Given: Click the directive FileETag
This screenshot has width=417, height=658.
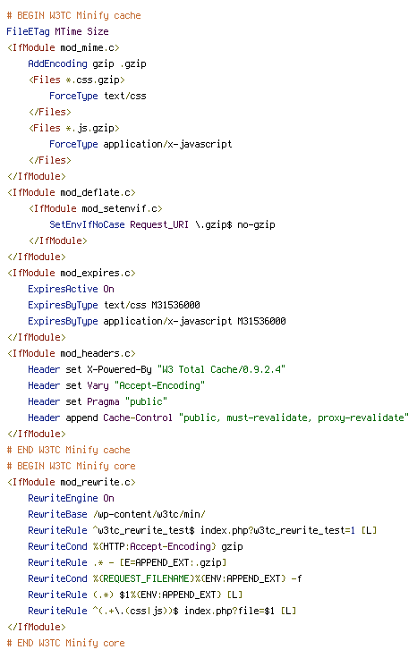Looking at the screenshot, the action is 28,31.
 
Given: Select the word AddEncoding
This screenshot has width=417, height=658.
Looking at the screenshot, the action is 57,63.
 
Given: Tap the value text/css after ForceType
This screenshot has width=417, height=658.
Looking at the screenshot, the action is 125,96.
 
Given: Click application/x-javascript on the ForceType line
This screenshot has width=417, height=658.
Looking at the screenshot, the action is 167,144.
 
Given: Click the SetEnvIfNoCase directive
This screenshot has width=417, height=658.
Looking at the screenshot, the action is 87,225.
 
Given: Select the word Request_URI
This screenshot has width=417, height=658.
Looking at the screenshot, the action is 159,225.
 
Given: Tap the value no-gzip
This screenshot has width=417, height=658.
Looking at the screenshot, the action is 256,225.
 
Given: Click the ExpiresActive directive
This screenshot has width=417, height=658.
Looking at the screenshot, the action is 63,289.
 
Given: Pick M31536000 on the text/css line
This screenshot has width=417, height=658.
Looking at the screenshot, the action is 175,305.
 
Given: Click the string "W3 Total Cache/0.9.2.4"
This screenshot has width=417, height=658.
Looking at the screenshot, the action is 221,370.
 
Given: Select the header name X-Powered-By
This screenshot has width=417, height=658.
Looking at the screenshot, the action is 119,370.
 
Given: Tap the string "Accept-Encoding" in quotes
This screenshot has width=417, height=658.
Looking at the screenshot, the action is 159,385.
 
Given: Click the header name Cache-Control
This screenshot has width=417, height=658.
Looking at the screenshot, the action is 138,418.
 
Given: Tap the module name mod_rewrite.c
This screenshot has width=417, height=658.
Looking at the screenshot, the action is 98,482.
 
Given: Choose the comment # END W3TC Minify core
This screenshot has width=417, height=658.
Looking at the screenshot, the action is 66,644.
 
